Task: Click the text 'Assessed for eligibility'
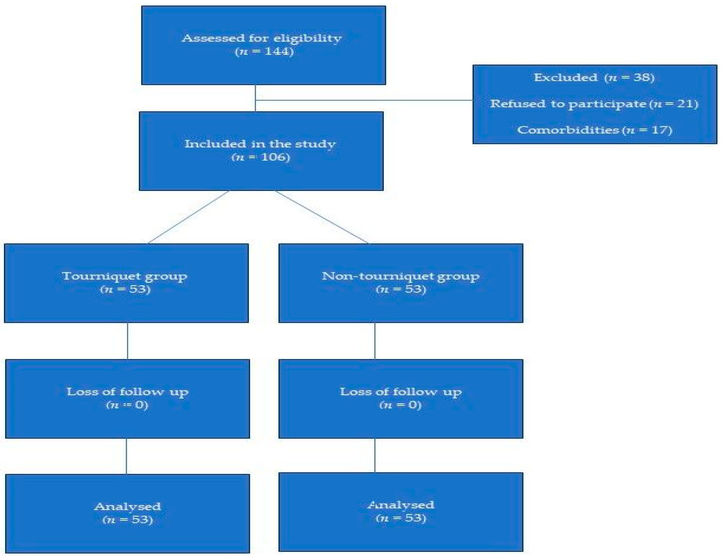(x=262, y=38)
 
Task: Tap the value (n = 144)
(x=264, y=52)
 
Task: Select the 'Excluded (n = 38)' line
(x=594, y=78)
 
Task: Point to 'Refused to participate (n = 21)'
(x=594, y=104)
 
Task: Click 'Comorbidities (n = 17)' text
(x=594, y=130)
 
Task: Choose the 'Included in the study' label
(x=260, y=144)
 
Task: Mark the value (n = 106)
(x=261, y=157)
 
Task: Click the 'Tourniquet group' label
(x=125, y=276)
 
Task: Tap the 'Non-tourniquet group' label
(x=400, y=276)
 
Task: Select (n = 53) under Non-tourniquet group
(x=401, y=289)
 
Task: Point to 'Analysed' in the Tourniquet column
(x=127, y=507)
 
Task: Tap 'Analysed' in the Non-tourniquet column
(x=401, y=505)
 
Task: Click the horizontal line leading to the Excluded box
(x=365, y=100)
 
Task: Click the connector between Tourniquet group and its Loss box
(x=127, y=341)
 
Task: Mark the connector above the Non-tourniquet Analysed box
(x=375, y=455)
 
